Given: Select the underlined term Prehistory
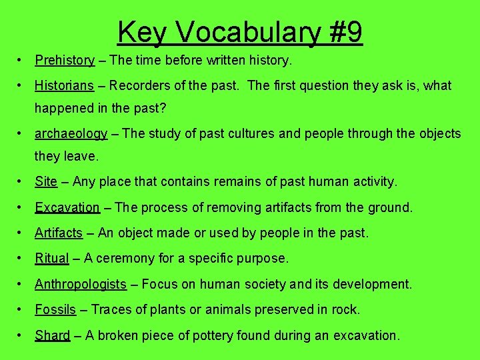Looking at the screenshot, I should pyautogui.click(x=65, y=61).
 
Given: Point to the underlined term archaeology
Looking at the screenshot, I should pyautogui.click(x=71, y=134).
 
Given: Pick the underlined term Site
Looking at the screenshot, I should pyautogui.click(x=46, y=181).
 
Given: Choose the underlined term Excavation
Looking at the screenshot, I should pyautogui.click(x=67, y=207).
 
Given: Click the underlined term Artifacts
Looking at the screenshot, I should pyautogui.click(x=59, y=233).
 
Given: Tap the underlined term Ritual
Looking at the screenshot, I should pyautogui.click(x=52, y=259).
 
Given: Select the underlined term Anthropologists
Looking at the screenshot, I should pyautogui.click(x=81, y=285).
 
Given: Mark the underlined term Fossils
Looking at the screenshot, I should pyautogui.click(x=56, y=310).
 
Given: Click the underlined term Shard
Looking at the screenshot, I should pyautogui.click(x=52, y=336).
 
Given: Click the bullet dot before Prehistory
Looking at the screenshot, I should pyautogui.click(x=22, y=61).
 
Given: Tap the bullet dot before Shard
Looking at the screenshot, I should pyautogui.click(x=22, y=336).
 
